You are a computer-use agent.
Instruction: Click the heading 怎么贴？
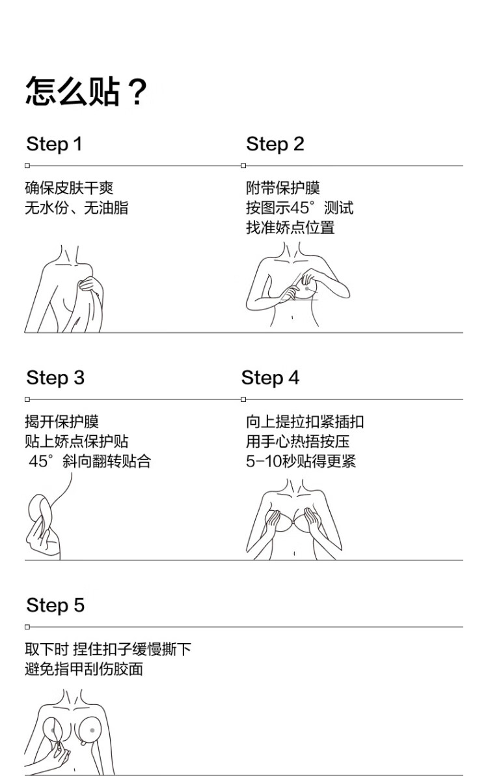(87, 92)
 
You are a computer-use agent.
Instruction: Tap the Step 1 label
(54, 145)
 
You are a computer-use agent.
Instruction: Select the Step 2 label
(275, 145)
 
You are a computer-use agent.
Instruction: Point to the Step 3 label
(55, 378)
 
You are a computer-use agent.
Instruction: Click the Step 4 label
(271, 378)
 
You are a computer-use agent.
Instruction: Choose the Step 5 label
(55, 605)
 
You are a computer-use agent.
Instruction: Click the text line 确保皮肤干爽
(69, 188)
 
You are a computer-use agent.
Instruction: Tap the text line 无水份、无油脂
(77, 208)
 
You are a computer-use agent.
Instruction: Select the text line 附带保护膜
(283, 188)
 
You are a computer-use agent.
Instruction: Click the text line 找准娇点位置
(291, 227)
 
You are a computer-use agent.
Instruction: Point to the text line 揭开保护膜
(62, 422)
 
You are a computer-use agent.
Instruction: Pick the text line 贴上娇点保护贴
(77, 442)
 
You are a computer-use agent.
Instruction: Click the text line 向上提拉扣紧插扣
(305, 422)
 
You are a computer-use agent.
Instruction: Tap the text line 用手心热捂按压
(298, 442)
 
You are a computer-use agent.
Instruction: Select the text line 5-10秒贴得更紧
(301, 461)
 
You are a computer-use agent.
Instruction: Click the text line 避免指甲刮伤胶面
(84, 669)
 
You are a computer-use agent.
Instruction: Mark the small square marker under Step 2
(243, 165)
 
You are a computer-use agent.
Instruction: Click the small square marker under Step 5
(27, 627)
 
